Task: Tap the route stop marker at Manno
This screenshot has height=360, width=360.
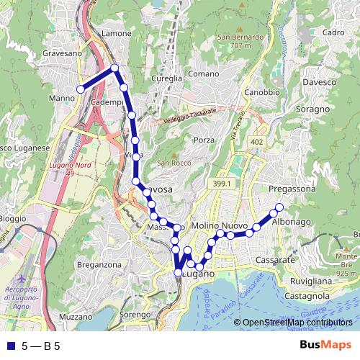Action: [x=81, y=89]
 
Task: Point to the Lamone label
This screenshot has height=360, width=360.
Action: [x=117, y=33]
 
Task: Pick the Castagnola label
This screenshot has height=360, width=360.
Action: [x=307, y=295]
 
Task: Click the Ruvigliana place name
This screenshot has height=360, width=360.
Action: [x=312, y=281]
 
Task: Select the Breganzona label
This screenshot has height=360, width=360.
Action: [x=99, y=265]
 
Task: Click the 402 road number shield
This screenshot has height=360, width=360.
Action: [x=257, y=143]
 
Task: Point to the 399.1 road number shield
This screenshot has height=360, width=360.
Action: [x=222, y=185]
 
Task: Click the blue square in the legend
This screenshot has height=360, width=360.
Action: [x=9, y=346]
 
